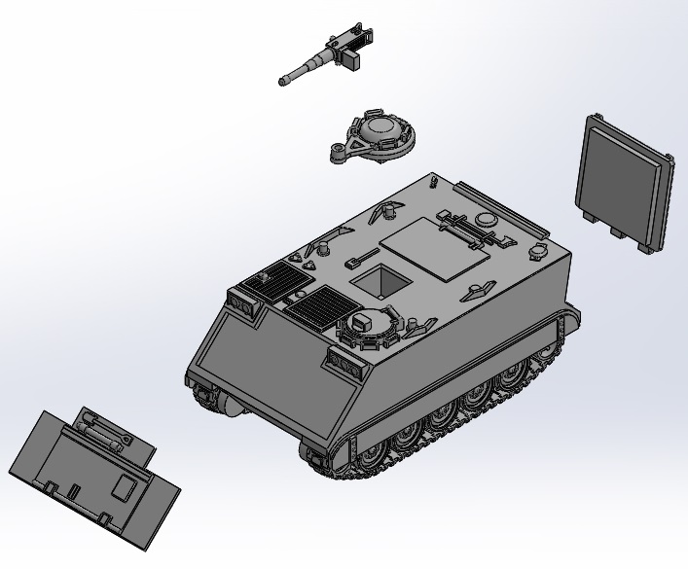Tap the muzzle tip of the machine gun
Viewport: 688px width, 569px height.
(x=283, y=82)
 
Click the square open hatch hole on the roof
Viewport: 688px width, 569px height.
(x=380, y=280)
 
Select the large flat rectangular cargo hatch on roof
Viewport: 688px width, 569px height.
(x=435, y=248)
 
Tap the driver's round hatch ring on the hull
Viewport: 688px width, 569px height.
(x=368, y=326)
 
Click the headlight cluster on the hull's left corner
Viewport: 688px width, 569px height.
(x=241, y=304)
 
